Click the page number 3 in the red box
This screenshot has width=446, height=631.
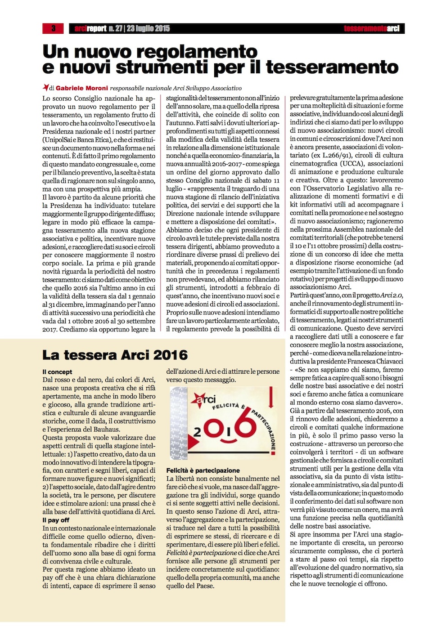pyautogui.click(x=53, y=28)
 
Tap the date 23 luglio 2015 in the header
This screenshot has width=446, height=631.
pyautogui.click(x=148, y=29)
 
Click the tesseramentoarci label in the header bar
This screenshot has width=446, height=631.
pyautogui.click(x=371, y=29)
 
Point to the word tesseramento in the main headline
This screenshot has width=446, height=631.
pyautogui.click(x=332, y=67)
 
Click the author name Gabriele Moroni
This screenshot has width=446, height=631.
pyautogui.click(x=82, y=88)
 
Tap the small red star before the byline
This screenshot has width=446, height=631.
pyautogui.click(x=45, y=87)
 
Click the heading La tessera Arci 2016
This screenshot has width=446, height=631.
pyautogui.click(x=115, y=355)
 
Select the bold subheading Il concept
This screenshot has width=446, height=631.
pyautogui.click(x=57, y=372)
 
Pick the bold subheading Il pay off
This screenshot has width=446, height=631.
pyautogui.click(x=56, y=520)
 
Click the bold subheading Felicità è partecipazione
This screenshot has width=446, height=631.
pyautogui.click(x=203, y=470)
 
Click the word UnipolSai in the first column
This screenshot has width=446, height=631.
pyautogui.click(x=60, y=139)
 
